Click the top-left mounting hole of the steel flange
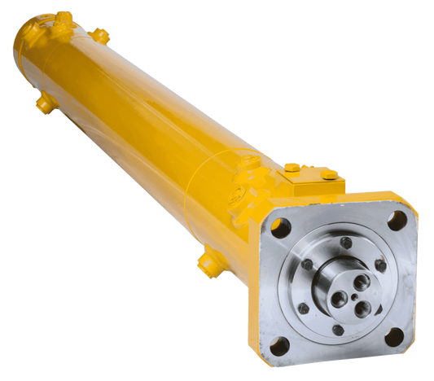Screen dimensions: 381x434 click(x=280, y=229)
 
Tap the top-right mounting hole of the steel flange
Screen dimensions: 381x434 click(x=397, y=220)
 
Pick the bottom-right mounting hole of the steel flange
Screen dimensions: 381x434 click(x=393, y=336)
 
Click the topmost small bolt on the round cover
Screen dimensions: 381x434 click(x=346, y=242)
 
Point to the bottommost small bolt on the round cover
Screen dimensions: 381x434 click(x=338, y=329)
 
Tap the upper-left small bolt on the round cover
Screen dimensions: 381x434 click(x=307, y=264)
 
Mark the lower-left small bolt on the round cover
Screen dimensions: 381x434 click(x=304, y=309)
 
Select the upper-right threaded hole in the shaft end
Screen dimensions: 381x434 click(x=361, y=282)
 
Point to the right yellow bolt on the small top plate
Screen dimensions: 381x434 click(x=327, y=173)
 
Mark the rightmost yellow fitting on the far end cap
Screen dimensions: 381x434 click(x=99, y=35)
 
